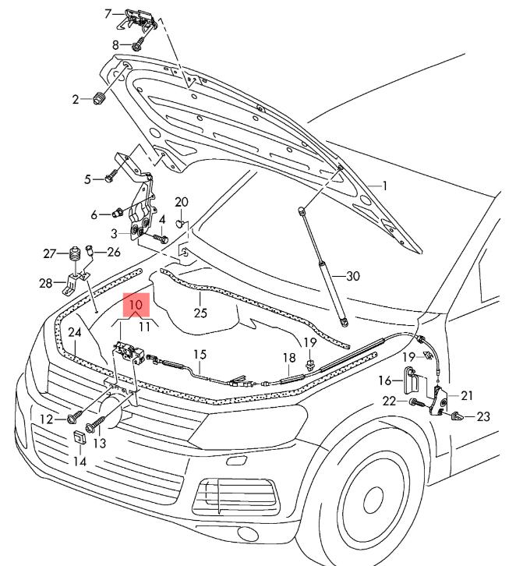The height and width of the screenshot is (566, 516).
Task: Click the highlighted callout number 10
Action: pyautogui.click(x=136, y=305)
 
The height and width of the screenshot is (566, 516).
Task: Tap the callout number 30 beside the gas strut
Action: pyautogui.click(x=353, y=276)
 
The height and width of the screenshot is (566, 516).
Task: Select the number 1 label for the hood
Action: pyautogui.click(x=383, y=186)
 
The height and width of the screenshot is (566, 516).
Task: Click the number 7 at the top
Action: pyautogui.click(x=109, y=12)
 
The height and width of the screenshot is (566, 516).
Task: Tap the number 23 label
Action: pyautogui.click(x=483, y=417)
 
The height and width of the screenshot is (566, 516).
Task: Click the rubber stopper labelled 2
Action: pyautogui.click(x=100, y=99)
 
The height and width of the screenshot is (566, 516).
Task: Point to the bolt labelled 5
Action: pyautogui.click(x=109, y=180)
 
